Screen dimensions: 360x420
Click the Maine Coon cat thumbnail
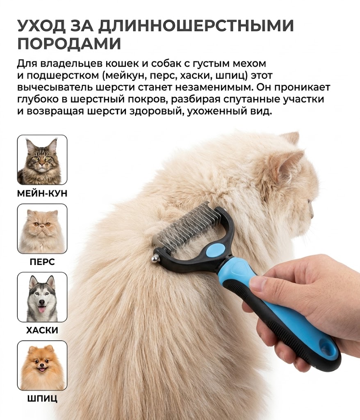click(x=42, y=160)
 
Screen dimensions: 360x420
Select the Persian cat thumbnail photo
click(x=42, y=228)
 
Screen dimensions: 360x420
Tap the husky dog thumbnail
click(x=42, y=297)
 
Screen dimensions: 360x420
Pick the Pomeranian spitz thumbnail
click(x=42, y=365)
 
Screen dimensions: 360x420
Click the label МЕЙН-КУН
click(x=42, y=193)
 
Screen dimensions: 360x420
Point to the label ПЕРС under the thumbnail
click(x=42, y=262)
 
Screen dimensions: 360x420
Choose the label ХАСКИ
click(x=42, y=330)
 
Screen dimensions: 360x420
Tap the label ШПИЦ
click(x=42, y=399)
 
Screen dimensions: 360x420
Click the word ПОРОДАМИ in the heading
click(x=69, y=43)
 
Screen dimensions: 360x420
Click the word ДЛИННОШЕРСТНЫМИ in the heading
click(x=197, y=26)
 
